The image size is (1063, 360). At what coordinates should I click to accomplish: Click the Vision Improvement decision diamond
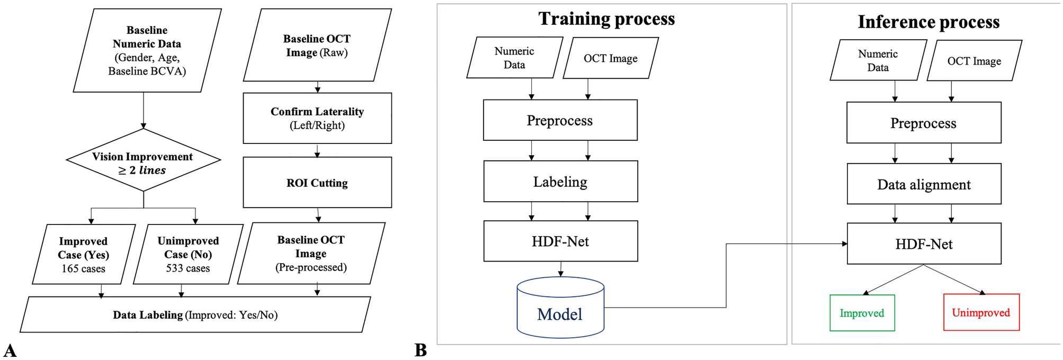click(x=143, y=160)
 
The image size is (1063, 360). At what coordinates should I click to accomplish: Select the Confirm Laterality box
click(x=317, y=118)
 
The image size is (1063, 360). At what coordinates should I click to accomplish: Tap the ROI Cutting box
click(x=317, y=183)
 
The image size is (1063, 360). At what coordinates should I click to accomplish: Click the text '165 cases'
click(x=83, y=269)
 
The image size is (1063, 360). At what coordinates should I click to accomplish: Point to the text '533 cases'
click(x=188, y=268)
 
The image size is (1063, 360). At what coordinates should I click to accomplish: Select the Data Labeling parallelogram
click(x=195, y=315)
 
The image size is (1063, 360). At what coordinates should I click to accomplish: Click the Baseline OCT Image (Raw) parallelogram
click(x=317, y=46)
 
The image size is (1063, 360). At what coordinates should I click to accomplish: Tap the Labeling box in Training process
click(x=560, y=182)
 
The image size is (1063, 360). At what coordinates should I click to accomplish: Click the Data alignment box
click(x=924, y=184)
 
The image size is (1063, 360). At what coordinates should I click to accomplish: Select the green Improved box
click(x=862, y=313)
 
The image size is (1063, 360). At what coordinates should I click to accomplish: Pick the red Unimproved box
click(x=981, y=312)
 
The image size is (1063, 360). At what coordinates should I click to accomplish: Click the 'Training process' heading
click(x=606, y=19)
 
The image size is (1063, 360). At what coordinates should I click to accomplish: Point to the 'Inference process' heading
click(x=928, y=22)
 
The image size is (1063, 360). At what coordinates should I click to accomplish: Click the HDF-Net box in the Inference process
click(x=924, y=244)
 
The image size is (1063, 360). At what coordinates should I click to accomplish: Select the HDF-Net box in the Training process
click(x=560, y=241)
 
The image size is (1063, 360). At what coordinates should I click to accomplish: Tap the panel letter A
click(x=10, y=350)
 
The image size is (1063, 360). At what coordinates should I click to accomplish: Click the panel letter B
click(x=421, y=350)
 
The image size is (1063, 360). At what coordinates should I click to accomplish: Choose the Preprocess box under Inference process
click(x=924, y=123)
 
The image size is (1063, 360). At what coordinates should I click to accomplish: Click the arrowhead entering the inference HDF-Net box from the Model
click(x=844, y=244)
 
